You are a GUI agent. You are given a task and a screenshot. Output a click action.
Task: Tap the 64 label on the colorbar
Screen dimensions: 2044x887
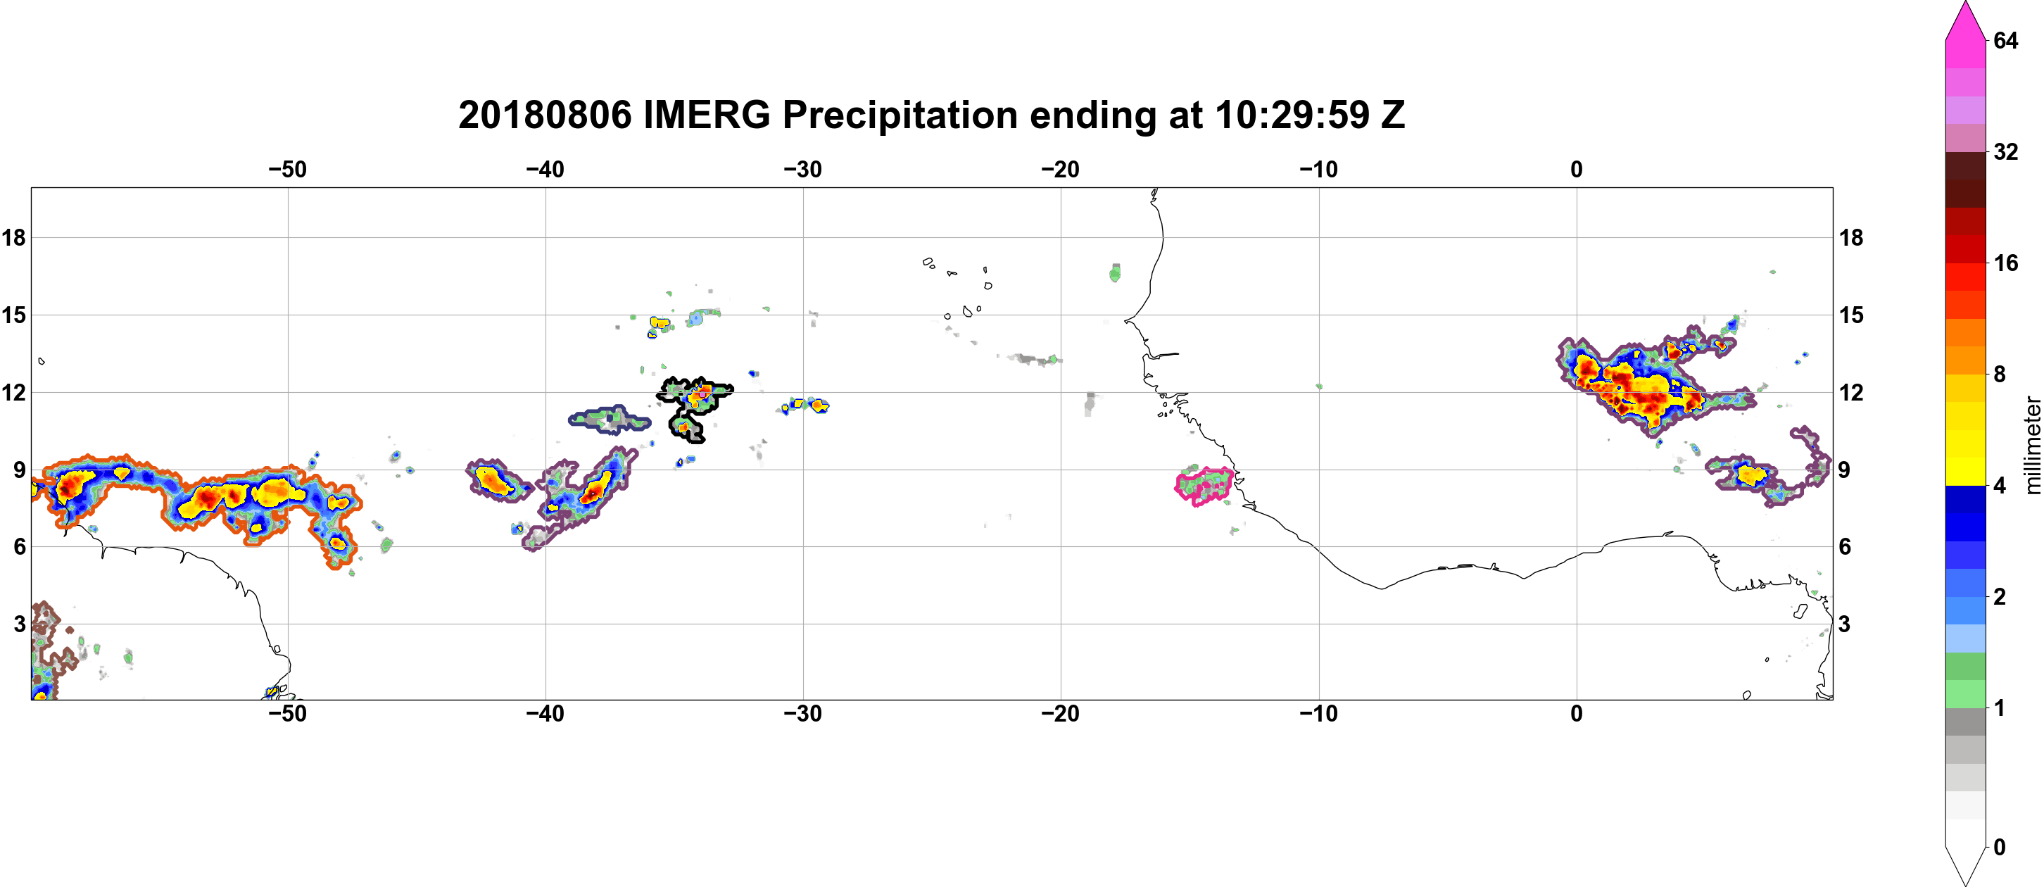coord(2006,40)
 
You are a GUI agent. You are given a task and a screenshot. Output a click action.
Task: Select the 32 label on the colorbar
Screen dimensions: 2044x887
coord(2006,151)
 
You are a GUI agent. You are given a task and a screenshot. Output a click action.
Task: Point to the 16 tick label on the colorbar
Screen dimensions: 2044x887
coord(2006,263)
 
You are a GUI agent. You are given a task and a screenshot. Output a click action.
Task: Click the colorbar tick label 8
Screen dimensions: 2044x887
coord(2000,374)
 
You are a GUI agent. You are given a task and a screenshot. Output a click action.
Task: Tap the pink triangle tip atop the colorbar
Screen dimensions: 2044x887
coord(1965,2)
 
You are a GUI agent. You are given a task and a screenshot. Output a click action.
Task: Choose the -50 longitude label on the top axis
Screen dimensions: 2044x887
coord(287,169)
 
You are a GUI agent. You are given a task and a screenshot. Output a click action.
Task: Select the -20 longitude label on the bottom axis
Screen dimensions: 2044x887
coord(1061,713)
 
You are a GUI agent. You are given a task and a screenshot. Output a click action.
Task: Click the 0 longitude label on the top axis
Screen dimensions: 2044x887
coord(1577,169)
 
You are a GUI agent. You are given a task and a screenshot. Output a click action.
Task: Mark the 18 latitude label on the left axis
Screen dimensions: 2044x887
coord(13,237)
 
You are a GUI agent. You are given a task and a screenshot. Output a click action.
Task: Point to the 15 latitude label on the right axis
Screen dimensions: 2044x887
coord(1851,315)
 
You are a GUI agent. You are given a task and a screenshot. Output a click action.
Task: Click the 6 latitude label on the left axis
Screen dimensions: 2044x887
coord(20,547)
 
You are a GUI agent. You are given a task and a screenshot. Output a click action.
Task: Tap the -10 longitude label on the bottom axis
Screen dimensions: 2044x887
coord(1319,713)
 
